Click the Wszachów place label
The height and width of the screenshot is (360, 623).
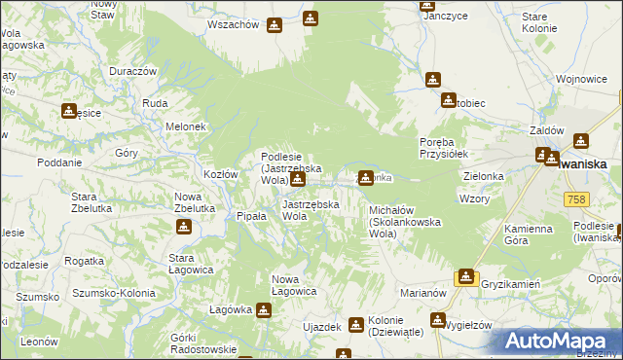[233, 25]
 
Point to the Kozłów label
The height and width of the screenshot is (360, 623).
[220, 174]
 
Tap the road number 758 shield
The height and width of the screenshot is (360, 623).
[575, 198]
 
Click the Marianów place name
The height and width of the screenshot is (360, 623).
[422, 292]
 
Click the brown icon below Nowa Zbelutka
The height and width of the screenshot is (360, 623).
[183, 228]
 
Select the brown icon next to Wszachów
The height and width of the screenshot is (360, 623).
[275, 25]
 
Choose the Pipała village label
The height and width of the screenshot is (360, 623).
[252, 216]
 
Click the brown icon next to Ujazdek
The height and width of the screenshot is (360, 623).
[355, 325]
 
